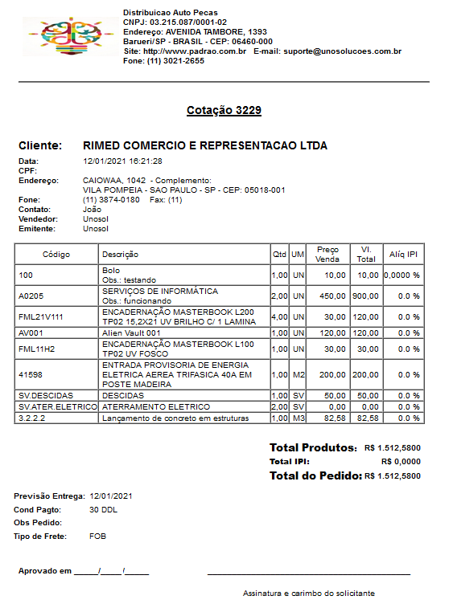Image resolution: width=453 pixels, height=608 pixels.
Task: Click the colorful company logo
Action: pyautogui.click(x=69, y=35)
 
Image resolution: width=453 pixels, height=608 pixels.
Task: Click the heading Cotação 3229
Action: pyautogui.click(x=224, y=110)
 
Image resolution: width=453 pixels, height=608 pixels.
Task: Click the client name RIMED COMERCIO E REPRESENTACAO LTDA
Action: pyautogui.click(x=205, y=146)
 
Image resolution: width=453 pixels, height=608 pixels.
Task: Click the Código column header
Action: pyautogui.click(x=56, y=255)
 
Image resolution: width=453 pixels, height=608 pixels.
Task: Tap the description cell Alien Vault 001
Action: pyautogui.click(x=131, y=332)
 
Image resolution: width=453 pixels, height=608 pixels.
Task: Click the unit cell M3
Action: pyautogui.click(x=298, y=418)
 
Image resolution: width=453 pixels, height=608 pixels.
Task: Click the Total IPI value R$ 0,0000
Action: pyautogui.click(x=400, y=462)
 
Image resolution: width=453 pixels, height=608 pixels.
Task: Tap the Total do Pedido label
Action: pyautogui.click(x=315, y=476)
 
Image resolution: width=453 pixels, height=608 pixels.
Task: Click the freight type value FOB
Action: pyautogui.click(x=97, y=536)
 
